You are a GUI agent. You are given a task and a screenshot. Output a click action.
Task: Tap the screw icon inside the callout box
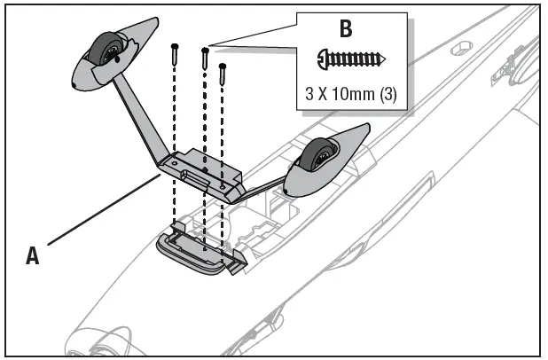pyautogui.click(x=350, y=59)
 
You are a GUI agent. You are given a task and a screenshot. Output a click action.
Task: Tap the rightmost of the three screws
pyautogui.click(x=223, y=76)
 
